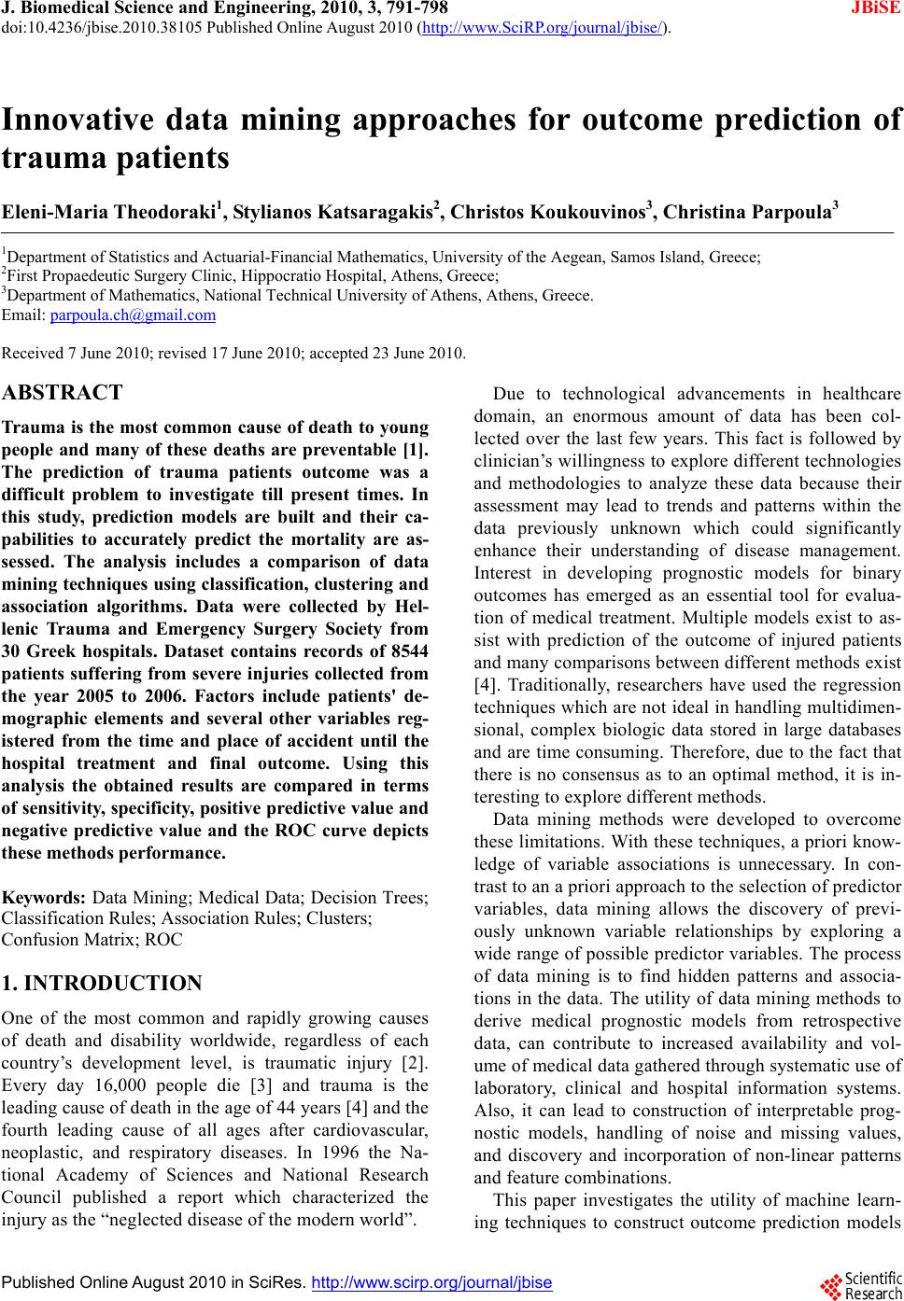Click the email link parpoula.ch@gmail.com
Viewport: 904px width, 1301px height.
[x=133, y=315]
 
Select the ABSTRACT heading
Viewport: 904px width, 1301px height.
[x=63, y=393]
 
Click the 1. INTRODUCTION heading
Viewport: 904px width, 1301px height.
[x=103, y=984]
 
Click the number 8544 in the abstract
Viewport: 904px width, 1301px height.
[x=405, y=650]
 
